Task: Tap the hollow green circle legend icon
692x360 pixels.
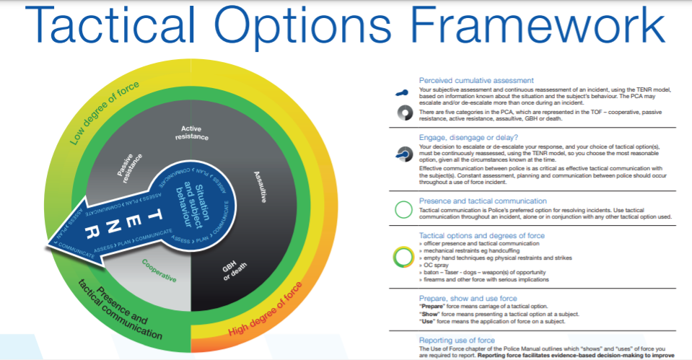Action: [x=403, y=210]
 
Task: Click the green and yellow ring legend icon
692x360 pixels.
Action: [x=403, y=256]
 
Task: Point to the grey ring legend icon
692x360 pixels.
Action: [x=403, y=113]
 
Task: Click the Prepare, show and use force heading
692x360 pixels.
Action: [x=468, y=298]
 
